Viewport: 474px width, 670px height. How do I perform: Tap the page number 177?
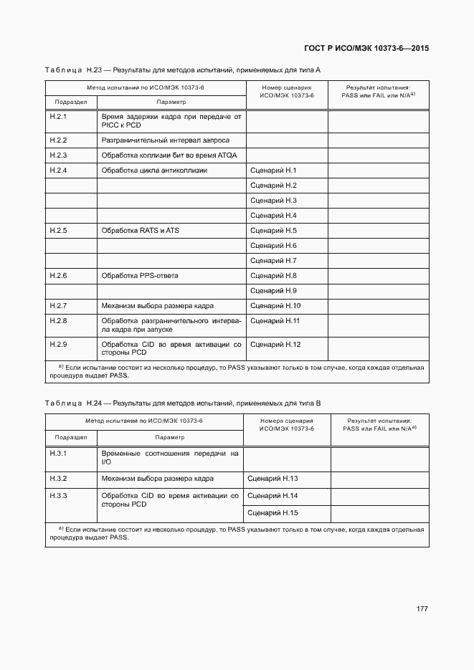click(x=422, y=609)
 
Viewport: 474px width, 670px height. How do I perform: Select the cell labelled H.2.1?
click(x=58, y=116)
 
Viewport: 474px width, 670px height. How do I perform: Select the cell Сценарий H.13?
click(x=272, y=478)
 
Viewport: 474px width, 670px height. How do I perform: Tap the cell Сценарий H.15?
click(x=272, y=513)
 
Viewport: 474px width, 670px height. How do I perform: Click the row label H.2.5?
click(x=58, y=231)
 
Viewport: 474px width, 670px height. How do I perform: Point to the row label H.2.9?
click(x=58, y=345)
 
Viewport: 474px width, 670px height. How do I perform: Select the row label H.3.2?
click(x=58, y=478)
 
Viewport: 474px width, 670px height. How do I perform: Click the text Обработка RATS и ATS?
click(x=140, y=231)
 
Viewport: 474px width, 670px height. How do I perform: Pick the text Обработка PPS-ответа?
click(x=140, y=276)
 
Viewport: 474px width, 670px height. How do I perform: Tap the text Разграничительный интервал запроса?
click(x=165, y=140)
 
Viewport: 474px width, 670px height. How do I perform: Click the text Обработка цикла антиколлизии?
click(x=154, y=171)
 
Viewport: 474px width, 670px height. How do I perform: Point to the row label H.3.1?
click(x=58, y=454)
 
